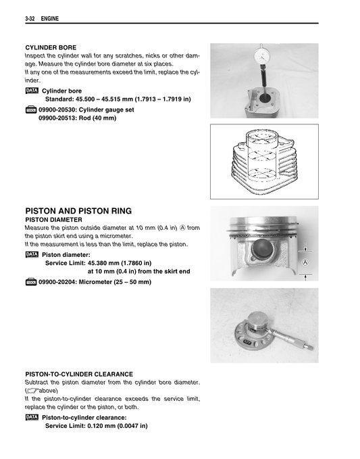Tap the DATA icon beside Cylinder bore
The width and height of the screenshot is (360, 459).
[x=32, y=90]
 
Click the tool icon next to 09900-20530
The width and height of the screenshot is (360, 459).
[x=31, y=109]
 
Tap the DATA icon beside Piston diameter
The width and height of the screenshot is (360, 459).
[x=32, y=254]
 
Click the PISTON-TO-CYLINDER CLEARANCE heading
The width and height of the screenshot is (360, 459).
[x=78, y=374]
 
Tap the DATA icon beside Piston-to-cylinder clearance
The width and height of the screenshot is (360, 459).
[x=32, y=418]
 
